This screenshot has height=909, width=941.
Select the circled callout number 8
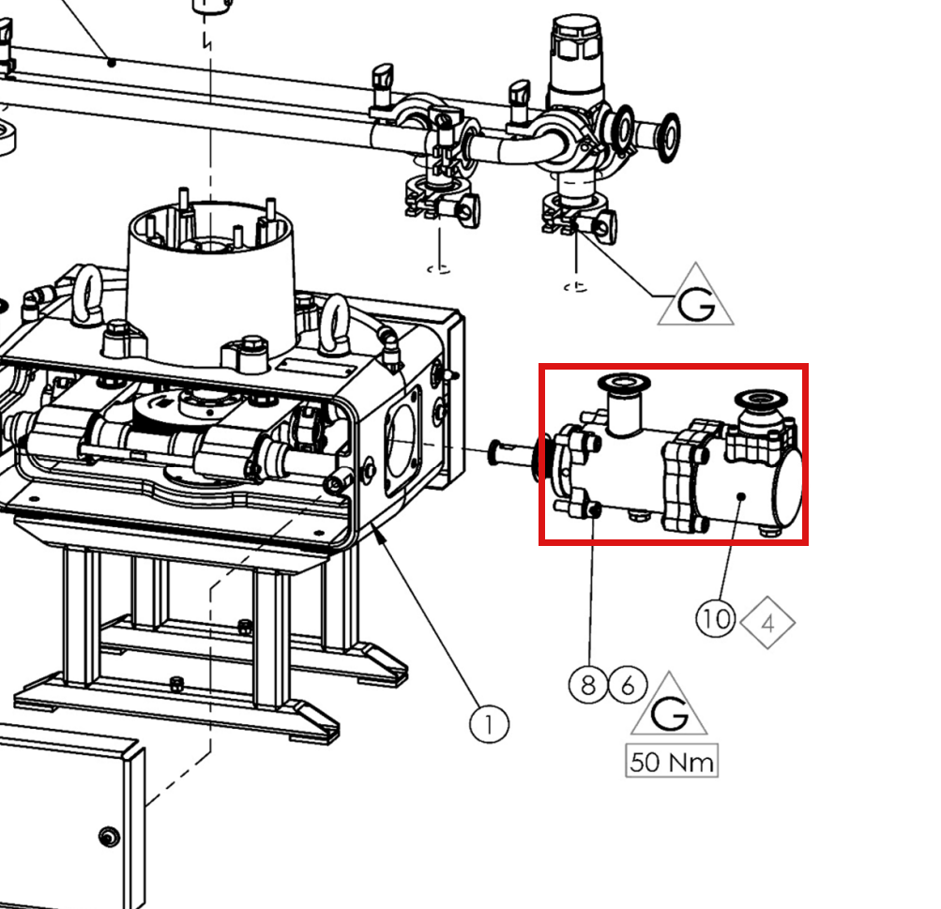tap(588, 684)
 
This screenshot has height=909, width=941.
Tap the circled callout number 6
tap(628, 684)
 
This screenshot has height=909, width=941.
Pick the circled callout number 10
tap(715, 618)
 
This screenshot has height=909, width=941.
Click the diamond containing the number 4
tap(768, 623)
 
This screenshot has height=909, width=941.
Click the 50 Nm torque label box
tap(672, 761)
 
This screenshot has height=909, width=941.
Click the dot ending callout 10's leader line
tap(742, 497)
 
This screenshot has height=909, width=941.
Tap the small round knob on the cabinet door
tap(109, 837)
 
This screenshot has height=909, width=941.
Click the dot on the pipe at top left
tap(111, 62)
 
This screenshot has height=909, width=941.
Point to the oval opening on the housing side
tap(401, 441)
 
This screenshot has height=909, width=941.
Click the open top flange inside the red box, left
tap(624, 382)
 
